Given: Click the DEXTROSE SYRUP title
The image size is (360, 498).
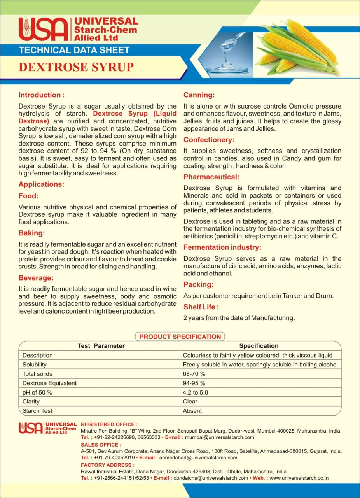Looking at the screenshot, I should point(76,67).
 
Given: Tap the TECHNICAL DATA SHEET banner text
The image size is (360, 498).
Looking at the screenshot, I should point(74,50).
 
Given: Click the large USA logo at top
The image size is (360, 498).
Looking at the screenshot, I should point(43,29).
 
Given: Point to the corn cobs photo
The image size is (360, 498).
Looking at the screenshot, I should point(297,49).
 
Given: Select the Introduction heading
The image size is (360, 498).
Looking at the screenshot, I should point(41,95).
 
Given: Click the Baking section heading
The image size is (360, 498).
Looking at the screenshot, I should point(32,233).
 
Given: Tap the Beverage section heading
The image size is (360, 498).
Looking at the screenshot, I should point(36,278).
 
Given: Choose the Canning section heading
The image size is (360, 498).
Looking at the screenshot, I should point(199,95).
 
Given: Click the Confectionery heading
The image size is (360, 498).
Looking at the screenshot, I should point(209,140).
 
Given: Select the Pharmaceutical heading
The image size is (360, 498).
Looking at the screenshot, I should point(211,177).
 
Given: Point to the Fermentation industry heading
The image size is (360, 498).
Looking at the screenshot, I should point(222,247).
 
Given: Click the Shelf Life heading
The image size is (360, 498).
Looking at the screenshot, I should point(201,307).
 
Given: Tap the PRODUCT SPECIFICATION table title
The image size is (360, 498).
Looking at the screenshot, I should point(180,337).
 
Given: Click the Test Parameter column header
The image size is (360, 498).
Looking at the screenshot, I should point(101,346).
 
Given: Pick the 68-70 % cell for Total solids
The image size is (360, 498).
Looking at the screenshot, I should point(194,374).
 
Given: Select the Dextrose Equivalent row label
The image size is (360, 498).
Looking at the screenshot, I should point(49,383).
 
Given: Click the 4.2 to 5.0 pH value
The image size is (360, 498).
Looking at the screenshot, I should point(196,392).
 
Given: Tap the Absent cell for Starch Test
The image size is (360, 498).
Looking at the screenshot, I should point(192,411).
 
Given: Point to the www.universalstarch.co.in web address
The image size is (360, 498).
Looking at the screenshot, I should point(299,478).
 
